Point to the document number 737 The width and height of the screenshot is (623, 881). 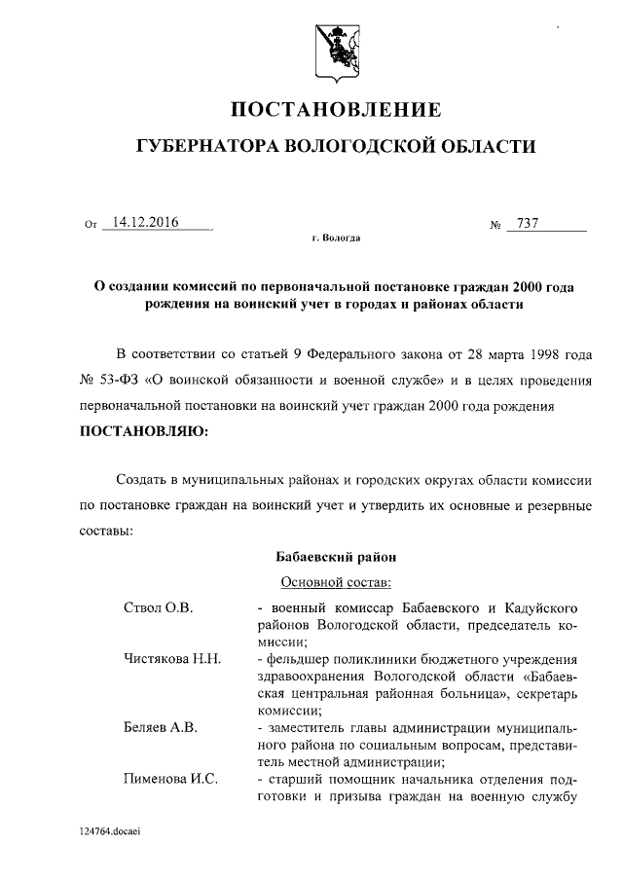pos(528,224)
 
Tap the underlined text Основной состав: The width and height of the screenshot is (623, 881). pos(336,583)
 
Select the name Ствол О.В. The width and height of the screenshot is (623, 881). pos(159,607)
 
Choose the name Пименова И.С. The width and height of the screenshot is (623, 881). pos(170,778)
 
